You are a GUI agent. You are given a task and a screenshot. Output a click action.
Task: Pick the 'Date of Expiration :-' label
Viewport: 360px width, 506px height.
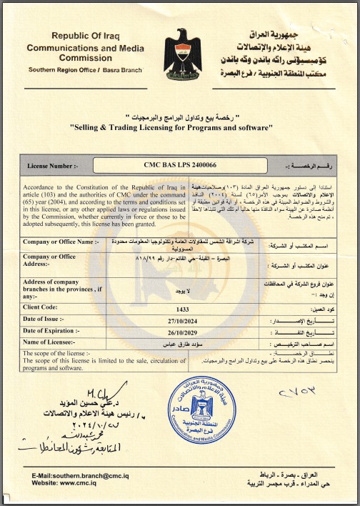click(53, 331)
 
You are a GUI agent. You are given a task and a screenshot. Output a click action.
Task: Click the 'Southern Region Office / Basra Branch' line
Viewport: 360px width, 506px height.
click(85, 70)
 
